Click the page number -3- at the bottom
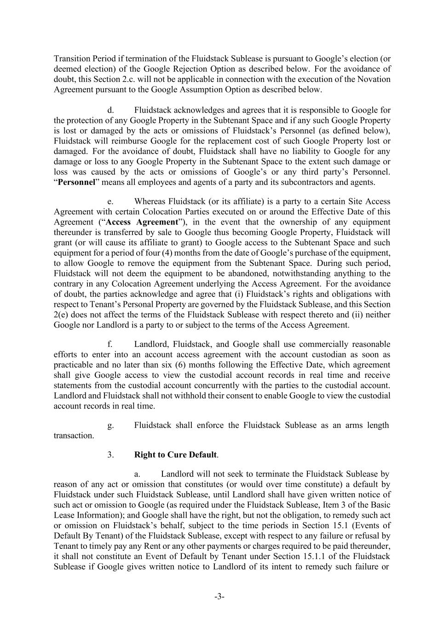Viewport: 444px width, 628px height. [219, 597]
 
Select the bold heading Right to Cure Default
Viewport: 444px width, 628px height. [175, 455]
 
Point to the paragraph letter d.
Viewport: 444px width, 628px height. [110, 110]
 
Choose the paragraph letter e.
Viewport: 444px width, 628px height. [110, 202]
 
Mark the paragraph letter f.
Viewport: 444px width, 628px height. [110, 344]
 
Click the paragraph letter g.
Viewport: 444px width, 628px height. [110, 425]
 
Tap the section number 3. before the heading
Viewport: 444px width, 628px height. [110, 455]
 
